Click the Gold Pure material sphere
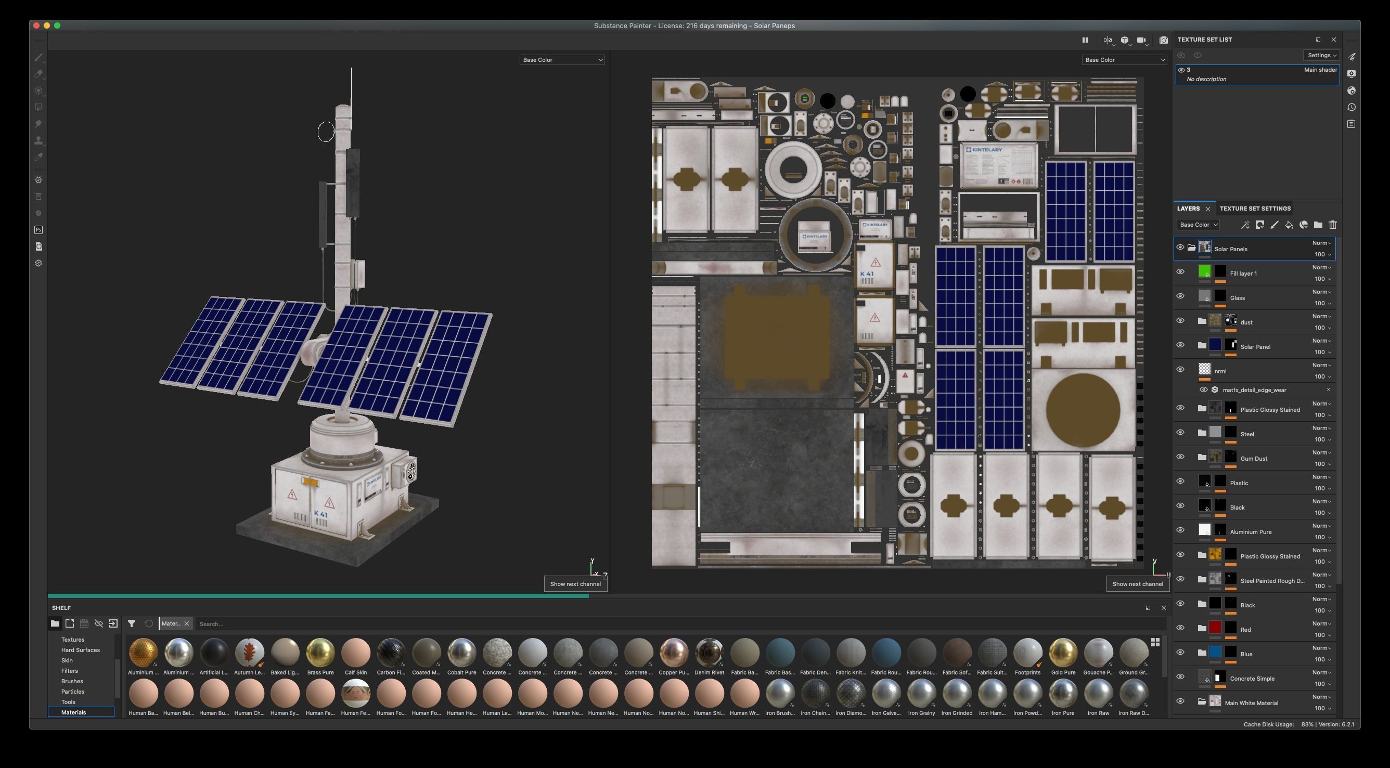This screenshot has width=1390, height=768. tap(1063, 653)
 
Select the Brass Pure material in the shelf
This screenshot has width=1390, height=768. tap(320, 653)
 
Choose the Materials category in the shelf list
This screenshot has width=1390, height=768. tap(74, 712)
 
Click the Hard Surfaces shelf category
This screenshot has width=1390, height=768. tap(81, 650)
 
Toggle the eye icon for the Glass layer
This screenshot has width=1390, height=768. tap(1180, 296)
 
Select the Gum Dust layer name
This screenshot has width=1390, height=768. tap(1254, 459)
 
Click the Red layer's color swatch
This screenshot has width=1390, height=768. tap(1215, 627)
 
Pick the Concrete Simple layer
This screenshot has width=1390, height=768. tap(1252, 679)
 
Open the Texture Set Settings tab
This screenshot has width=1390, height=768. tap(1255, 209)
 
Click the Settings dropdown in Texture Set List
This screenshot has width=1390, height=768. tap(1321, 55)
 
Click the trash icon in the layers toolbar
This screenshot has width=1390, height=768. tap(1333, 225)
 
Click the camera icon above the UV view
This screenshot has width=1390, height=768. tap(1163, 40)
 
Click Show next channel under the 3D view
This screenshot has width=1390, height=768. tap(575, 584)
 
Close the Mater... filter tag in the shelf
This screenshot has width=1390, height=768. tap(187, 623)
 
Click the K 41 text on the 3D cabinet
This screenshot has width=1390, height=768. tap(320, 514)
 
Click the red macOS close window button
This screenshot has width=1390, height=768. tap(36, 25)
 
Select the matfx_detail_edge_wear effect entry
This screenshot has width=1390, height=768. tap(1254, 390)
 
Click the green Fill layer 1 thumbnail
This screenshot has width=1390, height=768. tap(1204, 271)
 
